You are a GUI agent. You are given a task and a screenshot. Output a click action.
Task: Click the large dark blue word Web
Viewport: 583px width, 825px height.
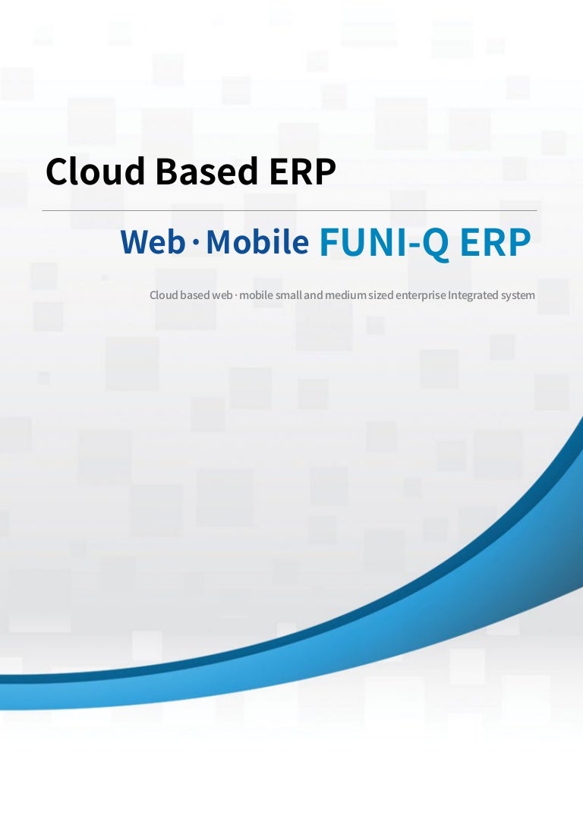pyautogui.click(x=153, y=242)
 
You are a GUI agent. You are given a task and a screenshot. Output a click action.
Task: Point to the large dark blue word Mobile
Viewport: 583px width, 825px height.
pyautogui.click(x=257, y=242)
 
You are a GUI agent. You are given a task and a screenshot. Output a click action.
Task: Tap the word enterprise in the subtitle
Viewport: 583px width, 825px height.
pyautogui.click(x=422, y=295)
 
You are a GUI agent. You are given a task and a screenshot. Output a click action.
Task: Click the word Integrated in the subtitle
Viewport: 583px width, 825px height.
pyautogui.click(x=473, y=294)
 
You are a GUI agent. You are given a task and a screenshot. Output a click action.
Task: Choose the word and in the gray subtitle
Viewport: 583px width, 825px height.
pyautogui.click(x=314, y=294)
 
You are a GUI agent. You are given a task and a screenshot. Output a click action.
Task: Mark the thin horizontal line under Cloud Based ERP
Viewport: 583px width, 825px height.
pyautogui.click(x=288, y=210)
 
